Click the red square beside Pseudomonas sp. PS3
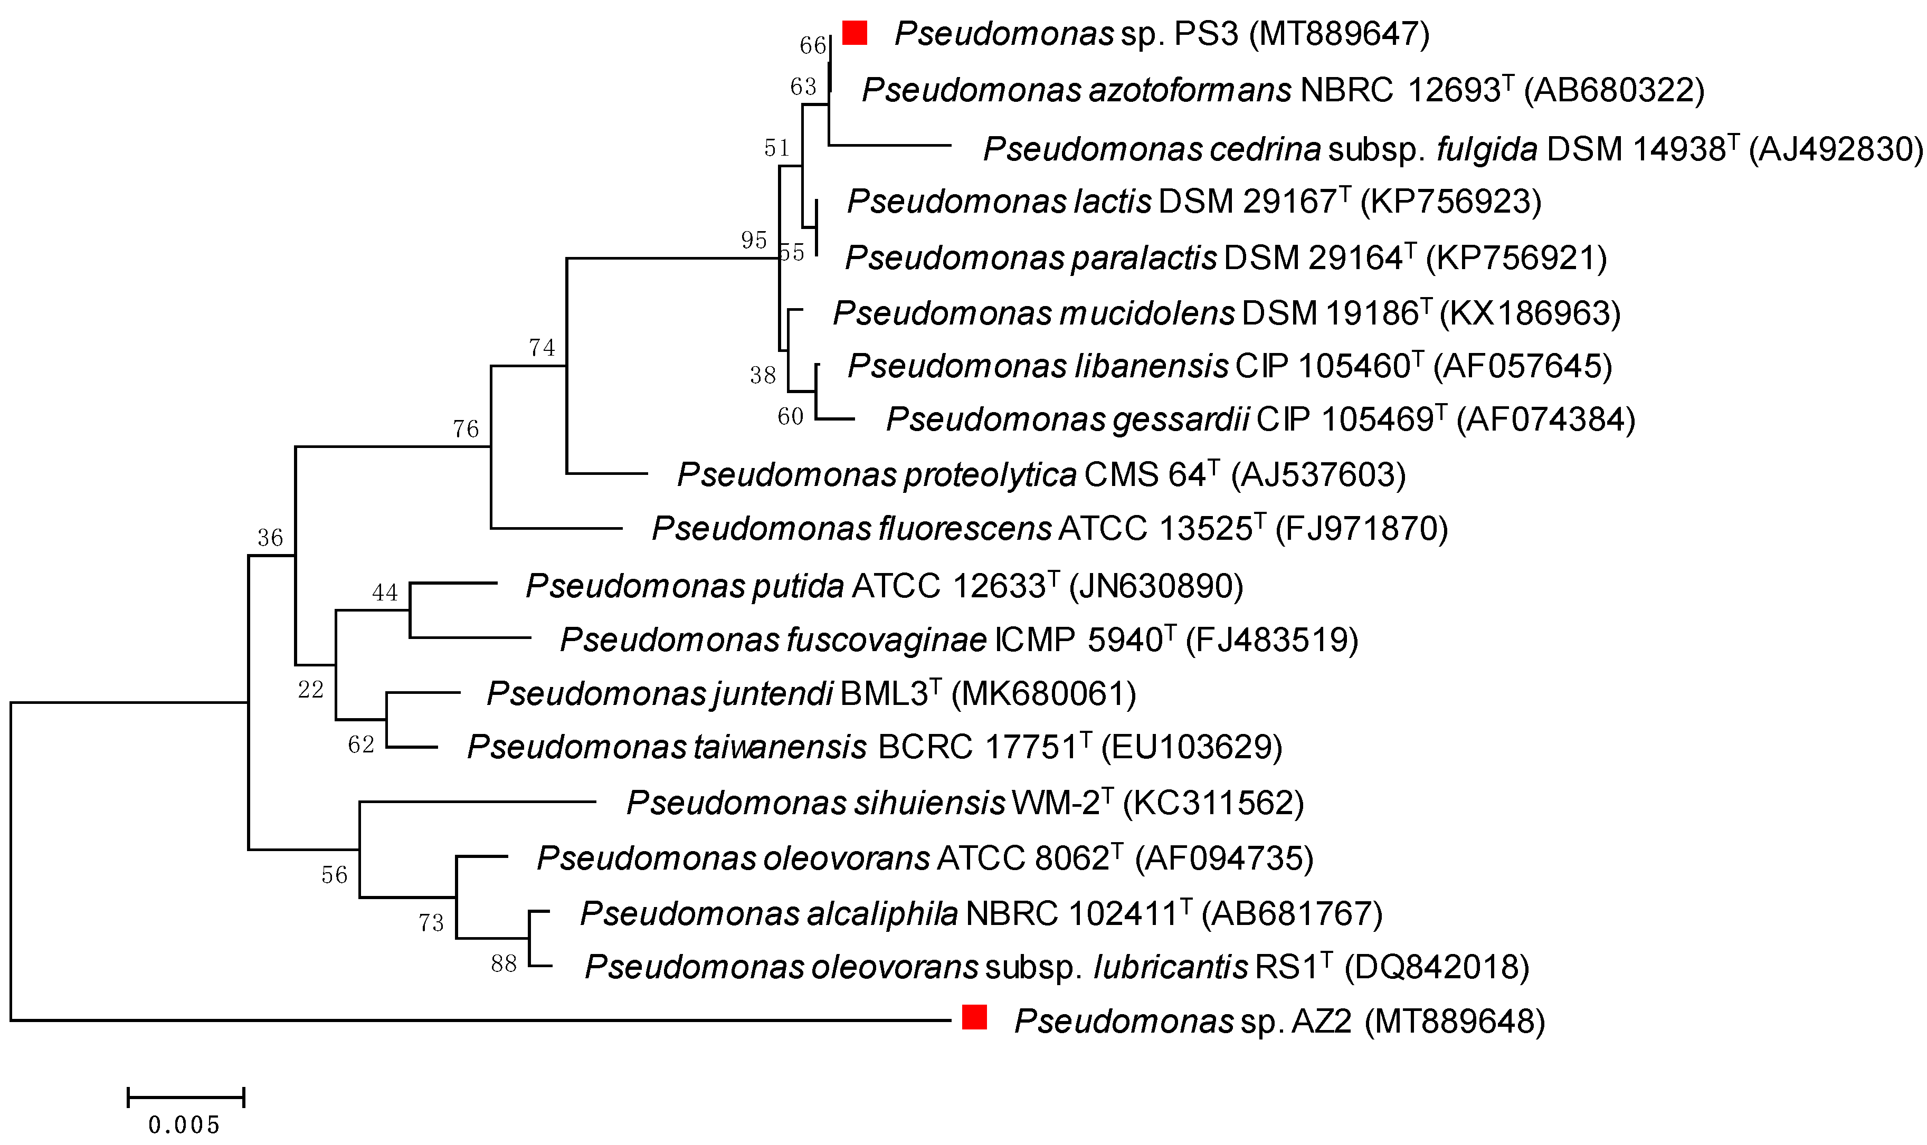pos(855,33)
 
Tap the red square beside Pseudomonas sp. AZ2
pos(975,1018)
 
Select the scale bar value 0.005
pos(184,1125)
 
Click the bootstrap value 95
pos(754,240)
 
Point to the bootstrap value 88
pos(504,963)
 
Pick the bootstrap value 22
pos(311,689)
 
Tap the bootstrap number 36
pos(271,538)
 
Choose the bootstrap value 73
pos(431,923)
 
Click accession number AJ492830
pos(1835,149)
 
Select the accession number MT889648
pos(1455,1022)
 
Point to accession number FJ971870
pos(1361,529)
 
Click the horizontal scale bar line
pos(185,1097)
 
